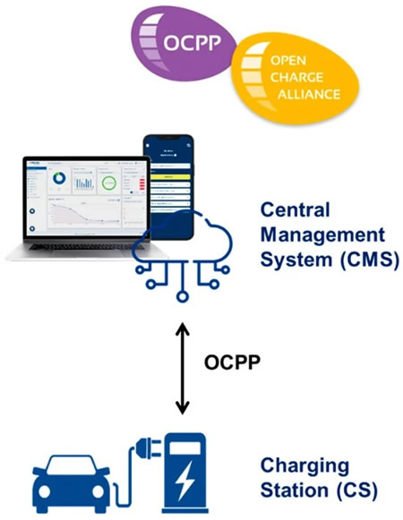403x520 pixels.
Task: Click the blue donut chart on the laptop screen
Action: point(59,179)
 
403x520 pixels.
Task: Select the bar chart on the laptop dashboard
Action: point(83,182)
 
